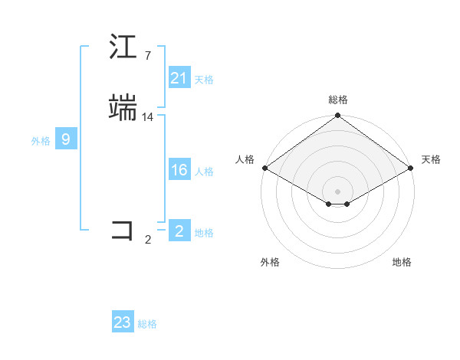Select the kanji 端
click(123, 108)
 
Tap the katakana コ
click(123, 231)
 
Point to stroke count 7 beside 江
click(147, 56)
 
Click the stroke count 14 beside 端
click(148, 117)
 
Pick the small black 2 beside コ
click(147, 240)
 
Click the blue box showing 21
click(179, 78)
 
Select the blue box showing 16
click(179, 170)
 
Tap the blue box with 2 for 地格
click(179, 231)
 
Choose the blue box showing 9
click(66, 139)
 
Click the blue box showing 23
click(122, 322)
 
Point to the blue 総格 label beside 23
click(147, 324)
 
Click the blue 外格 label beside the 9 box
click(40, 141)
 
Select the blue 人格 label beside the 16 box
click(204, 172)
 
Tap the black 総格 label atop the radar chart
click(337, 100)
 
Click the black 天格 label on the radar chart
click(431, 159)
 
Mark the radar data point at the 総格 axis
click(337, 116)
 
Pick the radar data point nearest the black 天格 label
click(412, 168)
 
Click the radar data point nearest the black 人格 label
click(264, 168)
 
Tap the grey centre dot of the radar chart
click(337, 191)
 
